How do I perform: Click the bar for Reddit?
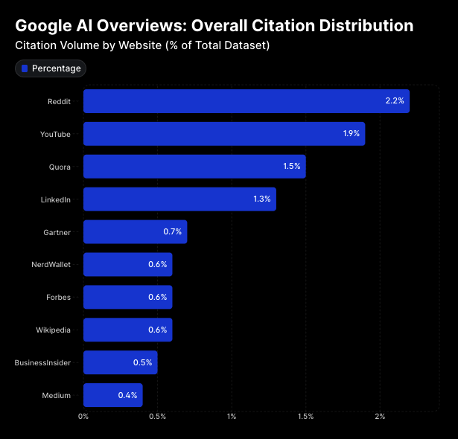tap(246, 101)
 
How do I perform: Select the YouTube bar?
tap(223, 134)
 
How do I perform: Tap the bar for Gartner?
tap(134, 232)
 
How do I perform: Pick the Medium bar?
tap(112, 395)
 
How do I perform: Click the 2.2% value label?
tap(395, 101)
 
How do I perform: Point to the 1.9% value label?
tap(351, 134)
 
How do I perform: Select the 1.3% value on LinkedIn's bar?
tap(262, 199)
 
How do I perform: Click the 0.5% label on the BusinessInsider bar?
tap(143, 362)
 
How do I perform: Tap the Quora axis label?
tap(60, 167)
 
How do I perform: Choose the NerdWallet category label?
tap(51, 265)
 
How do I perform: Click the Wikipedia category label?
tap(54, 330)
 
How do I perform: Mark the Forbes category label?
tap(58, 298)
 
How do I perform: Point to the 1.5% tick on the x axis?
tap(305, 417)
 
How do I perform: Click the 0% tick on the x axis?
tap(83, 417)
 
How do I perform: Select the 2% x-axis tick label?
tap(380, 417)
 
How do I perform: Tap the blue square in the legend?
tap(25, 68)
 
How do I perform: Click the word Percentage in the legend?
tap(57, 68)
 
